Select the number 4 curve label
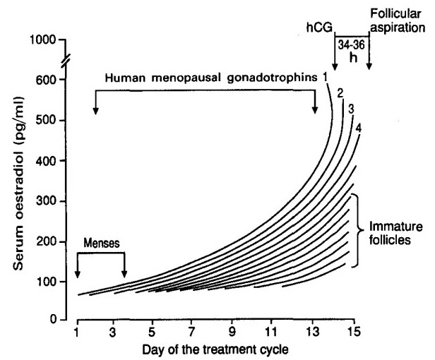pos(359,128)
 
